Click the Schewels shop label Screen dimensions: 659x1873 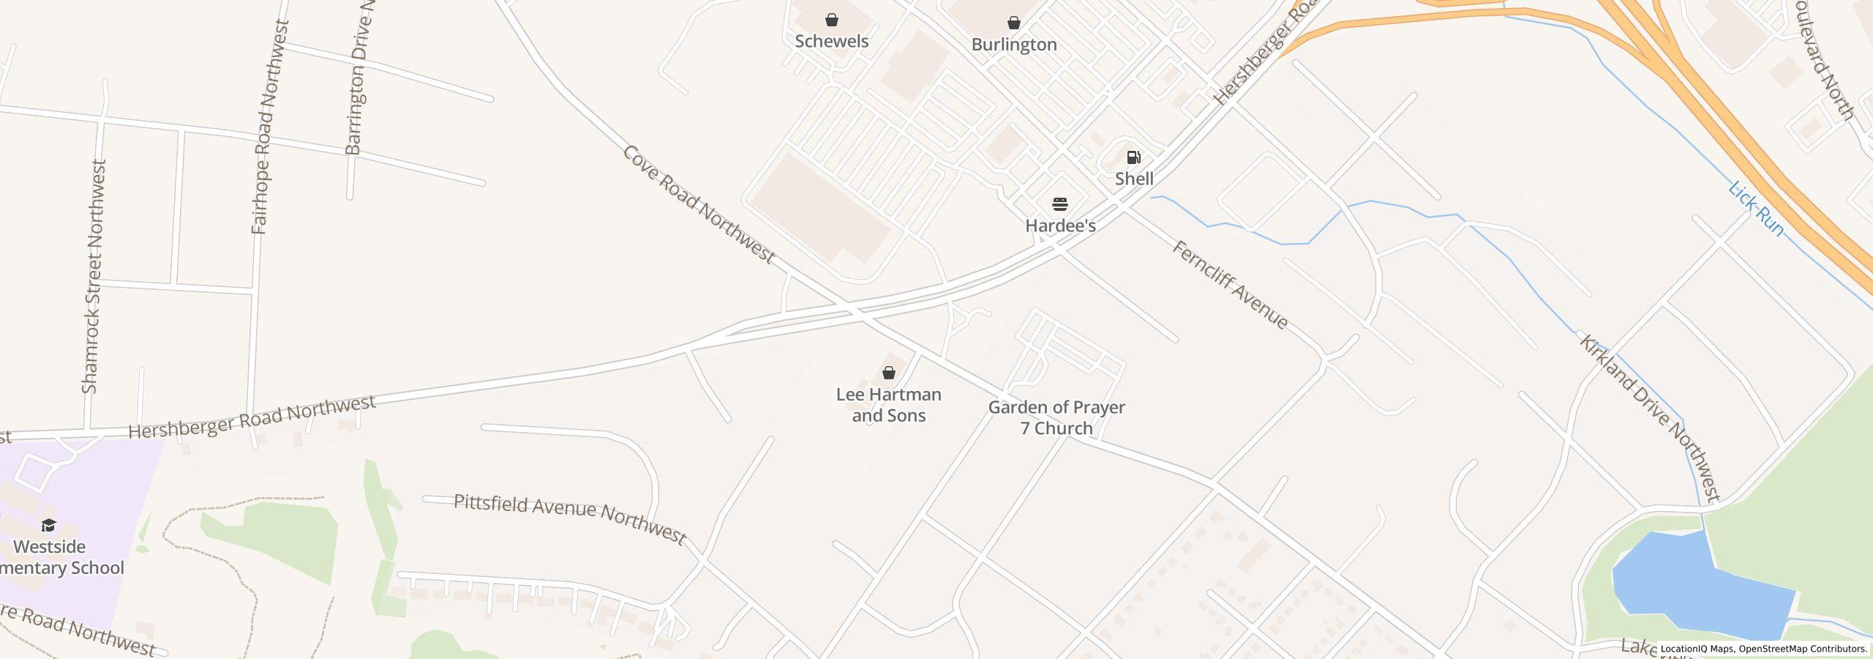point(832,41)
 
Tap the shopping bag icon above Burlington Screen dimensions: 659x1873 point(1014,23)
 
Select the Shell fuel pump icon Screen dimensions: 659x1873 point(1133,157)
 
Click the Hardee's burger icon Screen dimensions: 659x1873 point(1060,204)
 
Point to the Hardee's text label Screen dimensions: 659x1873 point(1060,226)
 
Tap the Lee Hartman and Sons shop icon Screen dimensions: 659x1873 point(889,373)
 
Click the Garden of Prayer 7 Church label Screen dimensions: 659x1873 point(1056,417)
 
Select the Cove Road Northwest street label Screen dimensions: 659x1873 point(698,204)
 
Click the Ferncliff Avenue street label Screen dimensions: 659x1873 point(1230,285)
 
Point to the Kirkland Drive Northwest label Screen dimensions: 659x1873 point(1650,419)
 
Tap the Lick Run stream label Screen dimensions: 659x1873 point(1756,209)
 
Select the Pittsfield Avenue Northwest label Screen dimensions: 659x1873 point(570,518)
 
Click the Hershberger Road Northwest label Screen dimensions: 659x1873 point(252,417)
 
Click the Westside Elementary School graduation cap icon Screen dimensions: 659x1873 point(48,525)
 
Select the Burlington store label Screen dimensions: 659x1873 point(1014,45)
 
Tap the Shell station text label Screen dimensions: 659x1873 point(1134,179)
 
